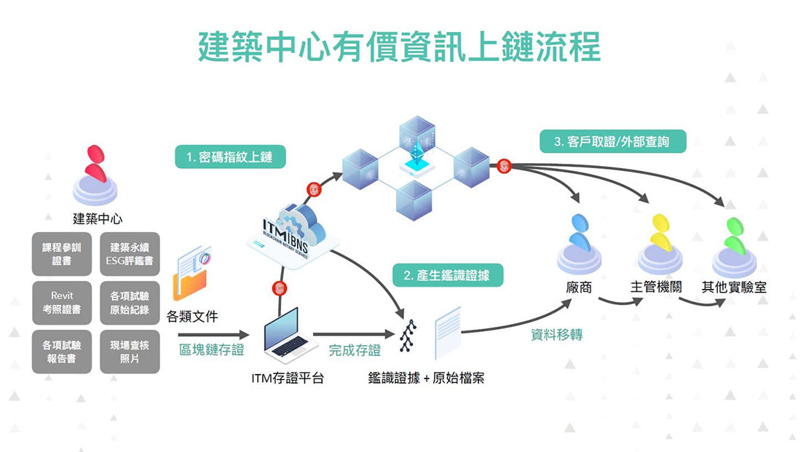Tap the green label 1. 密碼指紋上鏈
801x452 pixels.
(230, 156)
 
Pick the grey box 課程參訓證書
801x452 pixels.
(62, 254)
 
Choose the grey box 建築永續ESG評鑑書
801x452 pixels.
(130, 254)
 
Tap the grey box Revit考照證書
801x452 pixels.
(62, 303)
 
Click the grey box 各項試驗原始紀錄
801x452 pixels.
(130, 303)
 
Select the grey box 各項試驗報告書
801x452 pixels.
(62, 352)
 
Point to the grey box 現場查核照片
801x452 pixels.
(130, 352)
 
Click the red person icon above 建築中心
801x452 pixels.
(95, 166)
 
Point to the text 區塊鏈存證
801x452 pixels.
(212, 350)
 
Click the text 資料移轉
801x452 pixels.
(556, 336)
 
